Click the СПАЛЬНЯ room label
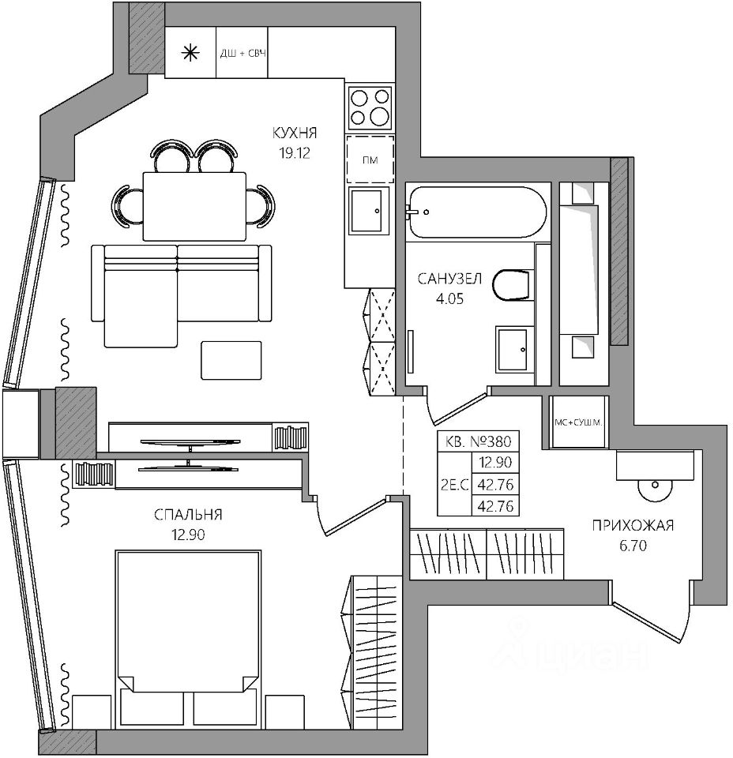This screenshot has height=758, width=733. [x=188, y=516]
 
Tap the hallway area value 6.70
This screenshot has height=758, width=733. [x=632, y=544]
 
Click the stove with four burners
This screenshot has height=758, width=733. [x=370, y=107]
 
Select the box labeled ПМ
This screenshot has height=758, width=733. [x=369, y=159]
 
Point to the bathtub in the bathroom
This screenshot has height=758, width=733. [x=475, y=212]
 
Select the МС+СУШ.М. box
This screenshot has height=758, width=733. [x=579, y=422]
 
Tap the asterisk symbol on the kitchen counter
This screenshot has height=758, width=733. [x=190, y=53]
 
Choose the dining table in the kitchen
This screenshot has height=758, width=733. [x=194, y=205]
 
